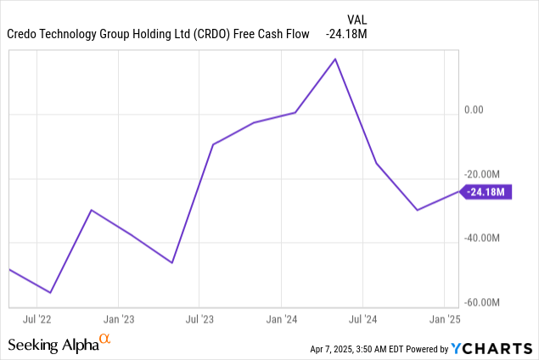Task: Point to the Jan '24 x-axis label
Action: (281, 319)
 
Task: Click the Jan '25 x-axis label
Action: (445, 319)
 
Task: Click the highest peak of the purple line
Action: (336, 59)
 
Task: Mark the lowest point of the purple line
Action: (51, 293)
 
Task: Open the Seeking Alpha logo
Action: (59, 343)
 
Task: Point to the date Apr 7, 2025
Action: (338, 349)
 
